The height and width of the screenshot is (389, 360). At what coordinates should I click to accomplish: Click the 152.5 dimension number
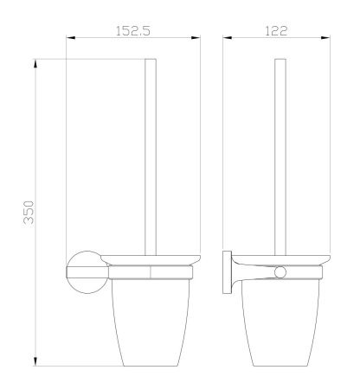coord(134,30)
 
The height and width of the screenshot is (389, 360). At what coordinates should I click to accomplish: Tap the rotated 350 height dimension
coord(28,211)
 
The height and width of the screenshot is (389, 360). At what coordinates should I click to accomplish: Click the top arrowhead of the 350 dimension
coord(35,61)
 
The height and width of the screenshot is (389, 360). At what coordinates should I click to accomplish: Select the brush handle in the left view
coord(150,156)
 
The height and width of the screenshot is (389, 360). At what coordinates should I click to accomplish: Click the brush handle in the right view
coord(279,156)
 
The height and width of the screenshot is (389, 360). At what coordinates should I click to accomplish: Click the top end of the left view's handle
coord(150,60)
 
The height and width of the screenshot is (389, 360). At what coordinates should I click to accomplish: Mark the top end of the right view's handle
coord(279,60)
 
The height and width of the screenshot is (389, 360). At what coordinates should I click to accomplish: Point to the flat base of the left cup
coord(151,364)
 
